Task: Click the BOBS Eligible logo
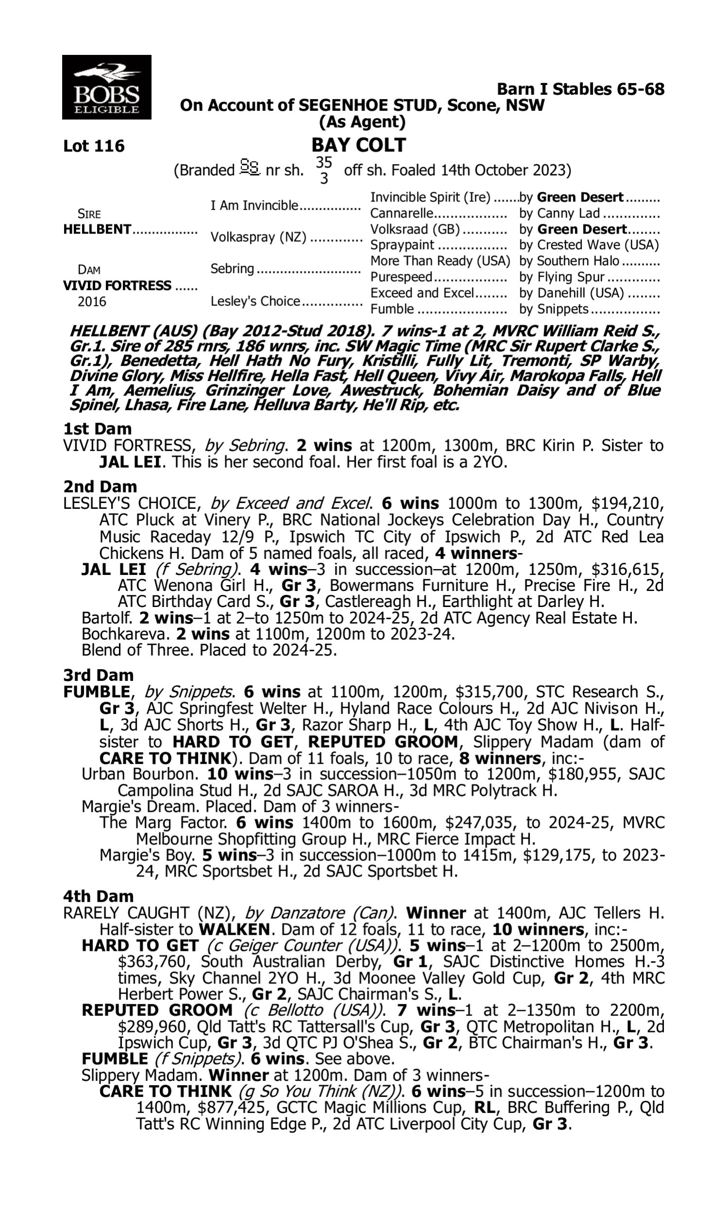[106, 87]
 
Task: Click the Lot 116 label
[94, 146]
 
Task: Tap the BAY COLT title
[359, 145]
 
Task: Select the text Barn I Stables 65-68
[580, 89]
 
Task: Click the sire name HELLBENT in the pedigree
[97, 229]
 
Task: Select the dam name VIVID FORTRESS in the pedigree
[117, 286]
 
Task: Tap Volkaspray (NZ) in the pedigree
[258, 237]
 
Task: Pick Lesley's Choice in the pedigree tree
[255, 301]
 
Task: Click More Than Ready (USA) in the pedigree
[440, 261]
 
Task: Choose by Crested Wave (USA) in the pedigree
[589, 245]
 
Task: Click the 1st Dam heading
[98, 429]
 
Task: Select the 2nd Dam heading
[100, 487]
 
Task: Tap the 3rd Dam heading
[99, 675]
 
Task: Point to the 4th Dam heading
[99, 896]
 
